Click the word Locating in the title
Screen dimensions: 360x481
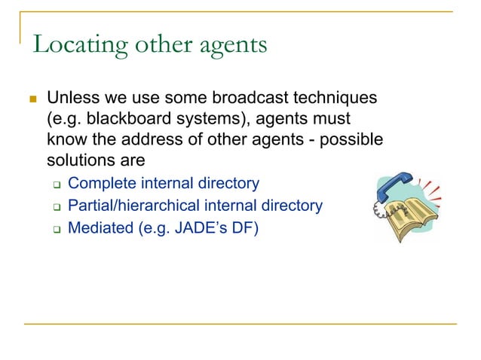75,45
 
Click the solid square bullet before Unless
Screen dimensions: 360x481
32,99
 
